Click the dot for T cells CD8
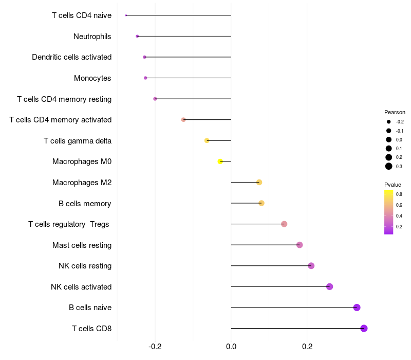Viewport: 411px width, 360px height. click(364, 328)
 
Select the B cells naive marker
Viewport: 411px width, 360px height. click(357, 308)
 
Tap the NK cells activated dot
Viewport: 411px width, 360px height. click(329, 286)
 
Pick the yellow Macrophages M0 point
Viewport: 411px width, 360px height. click(220, 161)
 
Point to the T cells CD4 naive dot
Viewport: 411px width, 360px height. click(126, 15)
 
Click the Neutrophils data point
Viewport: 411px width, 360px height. click(137, 36)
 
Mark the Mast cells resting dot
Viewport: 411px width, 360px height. click(300, 245)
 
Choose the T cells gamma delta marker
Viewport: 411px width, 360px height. click(207, 140)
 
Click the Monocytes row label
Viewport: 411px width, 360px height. click(92, 78)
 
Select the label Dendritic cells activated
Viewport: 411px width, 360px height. click(71, 57)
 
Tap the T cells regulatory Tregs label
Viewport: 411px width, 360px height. click(69, 224)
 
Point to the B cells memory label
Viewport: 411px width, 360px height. click(85, 203)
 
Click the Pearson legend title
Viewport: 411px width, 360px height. click(395, 112)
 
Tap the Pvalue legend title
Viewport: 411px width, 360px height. click(393, 185)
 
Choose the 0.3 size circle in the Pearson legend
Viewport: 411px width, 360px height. click(389, 166)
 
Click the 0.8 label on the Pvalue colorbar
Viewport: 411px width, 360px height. click(399, 194)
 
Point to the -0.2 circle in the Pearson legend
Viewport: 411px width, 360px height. click(389, 122)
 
